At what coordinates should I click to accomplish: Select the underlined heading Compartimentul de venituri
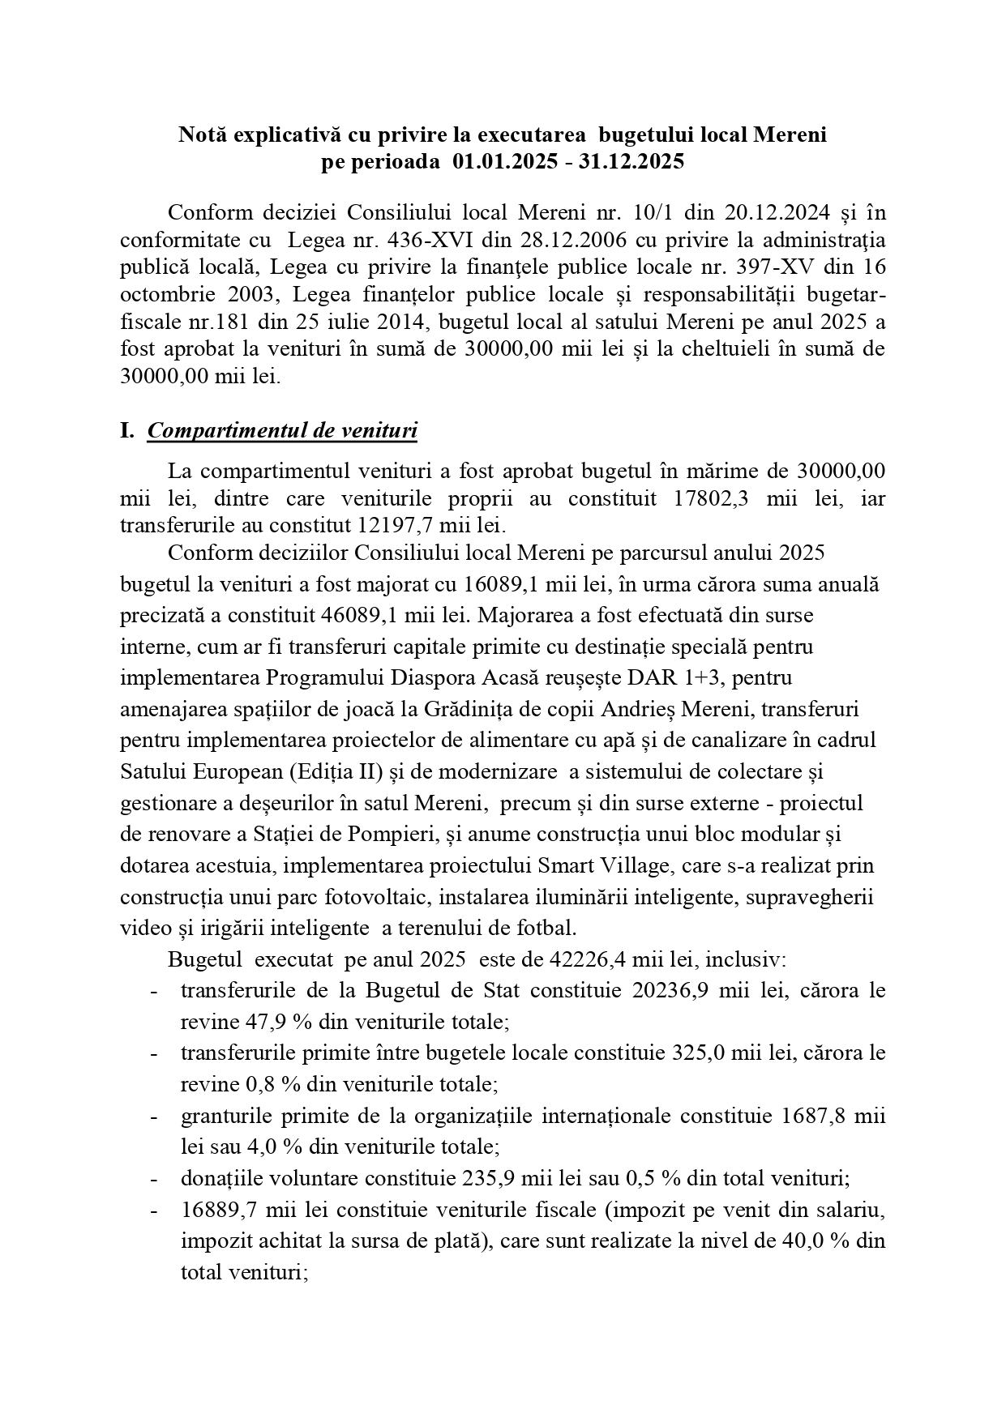coord(282,430)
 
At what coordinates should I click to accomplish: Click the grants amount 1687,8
coord(817,1117)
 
